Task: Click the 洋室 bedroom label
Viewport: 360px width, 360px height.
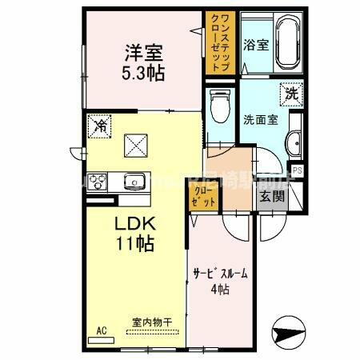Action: [x=143, y=54]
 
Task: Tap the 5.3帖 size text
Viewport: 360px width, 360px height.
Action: [x=143, y=73]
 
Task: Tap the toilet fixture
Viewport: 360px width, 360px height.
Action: [x=217, y=106]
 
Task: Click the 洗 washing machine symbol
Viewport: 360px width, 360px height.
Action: [x=290, y=93]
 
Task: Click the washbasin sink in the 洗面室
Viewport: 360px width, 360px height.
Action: [x=294, y=144]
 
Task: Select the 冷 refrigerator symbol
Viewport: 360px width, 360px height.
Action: [x=100, y=126]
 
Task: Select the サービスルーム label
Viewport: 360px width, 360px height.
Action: [x=219, y=274]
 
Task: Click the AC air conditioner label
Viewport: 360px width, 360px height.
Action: [x=102, y=330]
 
